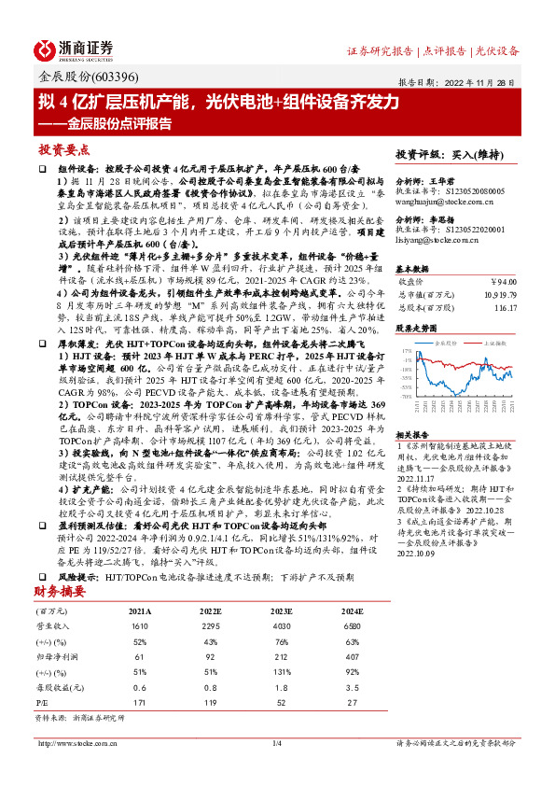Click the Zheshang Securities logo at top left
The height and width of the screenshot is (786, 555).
click(76, 49)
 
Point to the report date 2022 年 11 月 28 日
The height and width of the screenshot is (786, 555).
click(490, 81)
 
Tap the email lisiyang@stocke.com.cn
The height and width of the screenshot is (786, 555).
click(436, 240)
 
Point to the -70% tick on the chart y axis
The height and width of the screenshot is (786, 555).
click(406, 396)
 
